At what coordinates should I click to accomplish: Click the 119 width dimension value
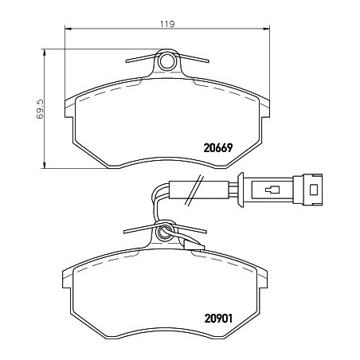click(x=167, y=24)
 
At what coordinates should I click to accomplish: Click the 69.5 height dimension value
click(x=39, y=109)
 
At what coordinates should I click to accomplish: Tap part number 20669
click(x=218, y=148)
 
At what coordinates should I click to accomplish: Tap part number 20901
click(x=218, y=319)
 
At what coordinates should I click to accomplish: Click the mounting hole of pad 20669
click(x=167, y=61)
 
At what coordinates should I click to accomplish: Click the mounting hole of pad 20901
click(x=164, y=233)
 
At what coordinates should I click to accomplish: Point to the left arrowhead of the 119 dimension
click(x=68, y=29)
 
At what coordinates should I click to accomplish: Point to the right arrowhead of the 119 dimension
click(x=266, y=29)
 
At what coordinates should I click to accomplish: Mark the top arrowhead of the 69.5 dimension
click(x=45, y=53)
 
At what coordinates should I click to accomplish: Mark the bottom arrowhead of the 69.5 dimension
click(x=45, y=165)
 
